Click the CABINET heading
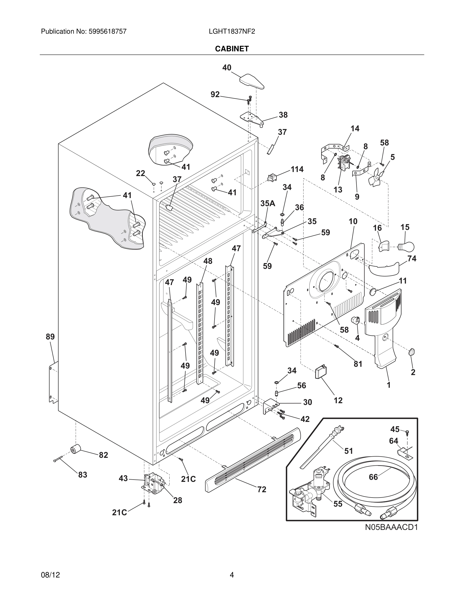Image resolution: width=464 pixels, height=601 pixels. click(x=232, y=49)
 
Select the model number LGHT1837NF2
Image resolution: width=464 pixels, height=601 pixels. click(x=232, y=31)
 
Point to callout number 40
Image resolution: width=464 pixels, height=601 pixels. click(x=227, y=68)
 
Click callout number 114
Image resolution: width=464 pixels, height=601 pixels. click(x=297, y=169)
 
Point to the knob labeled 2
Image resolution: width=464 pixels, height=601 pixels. click(x=412, y=352)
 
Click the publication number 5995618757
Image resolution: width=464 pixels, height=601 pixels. click(x=107, y=31)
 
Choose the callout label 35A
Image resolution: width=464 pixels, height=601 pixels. click(x=268, y=203)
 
